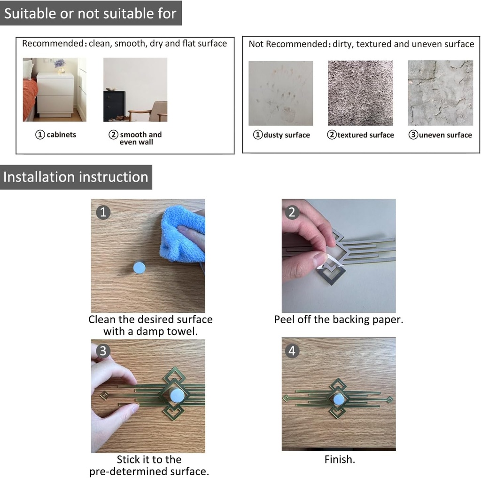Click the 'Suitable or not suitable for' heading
pos(90,14)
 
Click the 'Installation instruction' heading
pos(76,177)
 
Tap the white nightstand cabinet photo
pos(54,90)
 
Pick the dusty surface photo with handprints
pos(281,93)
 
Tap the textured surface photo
pos(360,93)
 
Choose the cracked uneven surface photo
pos(440,93)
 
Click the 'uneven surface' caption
pos(445,135)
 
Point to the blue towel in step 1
pos(182,234)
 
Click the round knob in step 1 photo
pos(139,267)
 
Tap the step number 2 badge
pos(292,212)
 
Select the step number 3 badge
pos(103,351)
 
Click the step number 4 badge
pos(292,351)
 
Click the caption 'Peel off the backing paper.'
pos(339,319)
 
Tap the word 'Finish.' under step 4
pos(340,459)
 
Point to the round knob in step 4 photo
pos(339,399)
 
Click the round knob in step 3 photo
pos(177,395)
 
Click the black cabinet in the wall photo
pos(115,106)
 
